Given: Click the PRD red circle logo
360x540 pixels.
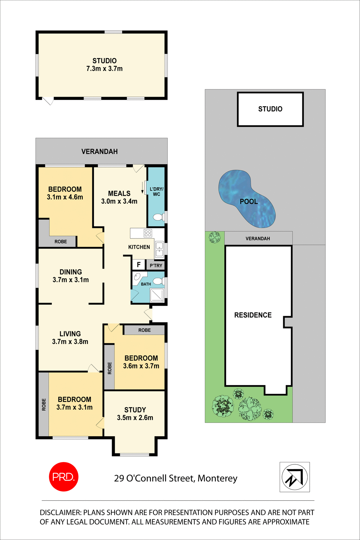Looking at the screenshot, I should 64,477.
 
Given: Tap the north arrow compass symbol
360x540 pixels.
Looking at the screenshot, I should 294,477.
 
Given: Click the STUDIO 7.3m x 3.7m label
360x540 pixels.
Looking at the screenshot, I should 104,65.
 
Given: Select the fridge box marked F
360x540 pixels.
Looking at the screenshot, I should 139,265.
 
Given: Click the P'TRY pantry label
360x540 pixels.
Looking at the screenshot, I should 156,265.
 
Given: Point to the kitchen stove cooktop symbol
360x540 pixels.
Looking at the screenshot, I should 148,233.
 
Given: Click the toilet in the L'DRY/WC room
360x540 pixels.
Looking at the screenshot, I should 158,217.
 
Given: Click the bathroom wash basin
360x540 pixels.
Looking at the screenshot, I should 137,277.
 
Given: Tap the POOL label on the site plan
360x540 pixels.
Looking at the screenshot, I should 249,202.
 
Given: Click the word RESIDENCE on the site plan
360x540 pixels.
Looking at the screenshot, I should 253,315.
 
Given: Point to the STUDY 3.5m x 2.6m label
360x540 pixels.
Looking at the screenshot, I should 135,414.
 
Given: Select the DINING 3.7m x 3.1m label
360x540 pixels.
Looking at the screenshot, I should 71,276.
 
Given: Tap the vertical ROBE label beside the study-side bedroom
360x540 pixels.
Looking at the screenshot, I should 109,368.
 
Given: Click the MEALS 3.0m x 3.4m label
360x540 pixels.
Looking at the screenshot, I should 119,197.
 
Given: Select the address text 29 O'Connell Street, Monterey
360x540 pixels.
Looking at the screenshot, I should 176,478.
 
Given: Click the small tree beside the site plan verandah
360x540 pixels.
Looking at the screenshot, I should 215,237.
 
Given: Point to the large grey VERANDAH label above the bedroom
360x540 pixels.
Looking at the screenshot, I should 99,152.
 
